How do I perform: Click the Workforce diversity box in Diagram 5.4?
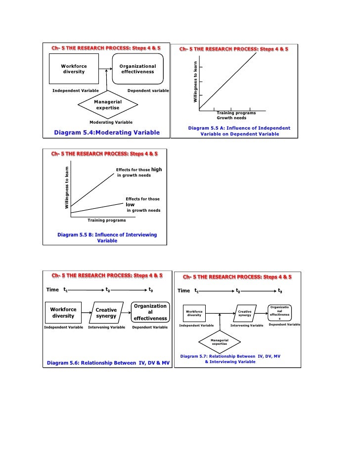[74, 69]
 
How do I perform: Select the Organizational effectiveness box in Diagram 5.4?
[137, 69]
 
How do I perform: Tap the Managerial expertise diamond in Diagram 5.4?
[107, 104]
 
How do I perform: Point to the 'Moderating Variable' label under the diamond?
[111, 122]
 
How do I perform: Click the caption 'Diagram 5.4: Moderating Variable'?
[107, 133]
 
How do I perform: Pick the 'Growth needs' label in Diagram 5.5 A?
[231, 118]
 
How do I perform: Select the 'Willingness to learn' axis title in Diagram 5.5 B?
[67, 186]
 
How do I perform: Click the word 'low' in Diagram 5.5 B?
[131, 204]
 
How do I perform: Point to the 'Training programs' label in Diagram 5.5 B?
[106, 220]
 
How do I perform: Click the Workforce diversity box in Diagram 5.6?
[63, 313]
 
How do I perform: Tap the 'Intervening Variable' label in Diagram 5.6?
[106, 327]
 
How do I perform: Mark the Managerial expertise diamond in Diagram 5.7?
[220, 342]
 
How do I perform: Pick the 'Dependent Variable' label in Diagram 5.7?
[284, 325]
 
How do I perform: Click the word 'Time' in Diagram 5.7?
[183, 291]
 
